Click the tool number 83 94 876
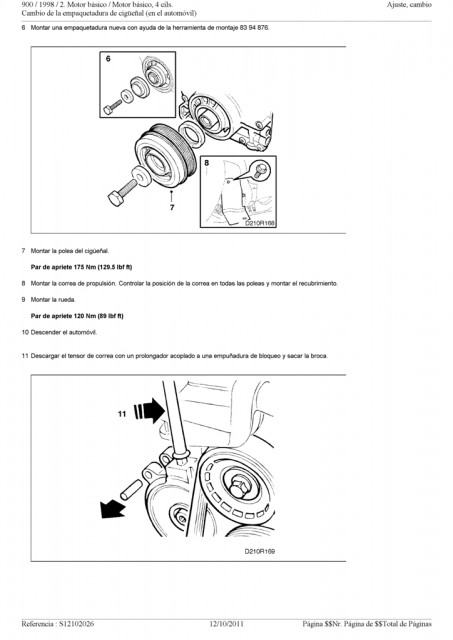click(x=255, y=28)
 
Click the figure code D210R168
click(x=260, y=224)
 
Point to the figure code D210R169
click(x=260, y=551)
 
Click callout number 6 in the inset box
click(x=108, y=59)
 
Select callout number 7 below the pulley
click(x=172, y=207)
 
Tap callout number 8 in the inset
click(x=207, y=163)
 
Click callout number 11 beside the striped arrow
click(x=122, y=414)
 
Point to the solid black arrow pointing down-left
click(x=112, y=509)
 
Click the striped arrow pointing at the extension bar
click(x=149, y=411)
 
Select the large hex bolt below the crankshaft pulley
click(x=123, y=193)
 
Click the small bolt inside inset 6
click(x=112, y=107)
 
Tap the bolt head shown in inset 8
click(x=260, y=169)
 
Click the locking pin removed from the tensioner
click(x=131, y=490)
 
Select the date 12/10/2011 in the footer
click(x=226, y=624)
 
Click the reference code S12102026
click(x=76, y=624)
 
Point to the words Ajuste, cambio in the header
click(x=409, y=5)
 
